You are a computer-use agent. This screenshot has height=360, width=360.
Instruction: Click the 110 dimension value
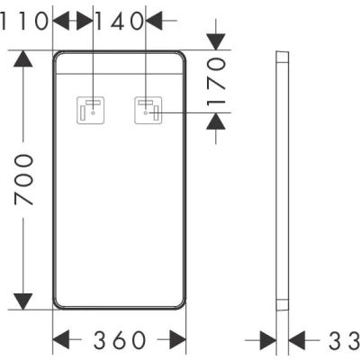(24, 21)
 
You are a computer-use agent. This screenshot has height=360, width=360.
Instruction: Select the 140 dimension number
(120, 21)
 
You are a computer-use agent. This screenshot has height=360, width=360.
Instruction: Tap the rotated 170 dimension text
(216, 83)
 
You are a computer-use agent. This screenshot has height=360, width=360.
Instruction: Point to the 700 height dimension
(23, 179)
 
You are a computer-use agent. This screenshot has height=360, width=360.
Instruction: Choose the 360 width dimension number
(120, 340)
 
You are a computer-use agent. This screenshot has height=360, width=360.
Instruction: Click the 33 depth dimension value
(345, 340)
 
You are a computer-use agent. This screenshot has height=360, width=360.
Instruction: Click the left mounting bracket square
(91, 110)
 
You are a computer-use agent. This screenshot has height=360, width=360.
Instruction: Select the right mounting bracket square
(148, 110)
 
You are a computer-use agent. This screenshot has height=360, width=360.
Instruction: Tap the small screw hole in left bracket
(93, 113)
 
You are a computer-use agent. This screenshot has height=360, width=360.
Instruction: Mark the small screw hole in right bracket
(146, 113)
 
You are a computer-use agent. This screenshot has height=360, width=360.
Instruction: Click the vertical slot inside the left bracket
(83, 112)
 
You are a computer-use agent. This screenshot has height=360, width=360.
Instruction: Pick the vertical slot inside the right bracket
(156, 112)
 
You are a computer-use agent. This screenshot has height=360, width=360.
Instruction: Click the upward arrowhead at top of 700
(23, 58)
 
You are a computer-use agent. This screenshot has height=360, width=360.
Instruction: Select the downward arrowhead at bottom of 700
(23, 301)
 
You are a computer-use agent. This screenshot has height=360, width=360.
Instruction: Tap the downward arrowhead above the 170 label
(216, 42)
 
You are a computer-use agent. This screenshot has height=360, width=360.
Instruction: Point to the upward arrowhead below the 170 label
(216, 121)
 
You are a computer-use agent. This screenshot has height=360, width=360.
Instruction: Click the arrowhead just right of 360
(178, 340)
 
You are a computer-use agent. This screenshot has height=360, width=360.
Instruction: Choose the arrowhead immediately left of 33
(297, 340)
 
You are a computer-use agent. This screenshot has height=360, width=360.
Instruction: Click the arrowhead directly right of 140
(154, 21)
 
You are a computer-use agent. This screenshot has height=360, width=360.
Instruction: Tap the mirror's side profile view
(283, 181)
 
